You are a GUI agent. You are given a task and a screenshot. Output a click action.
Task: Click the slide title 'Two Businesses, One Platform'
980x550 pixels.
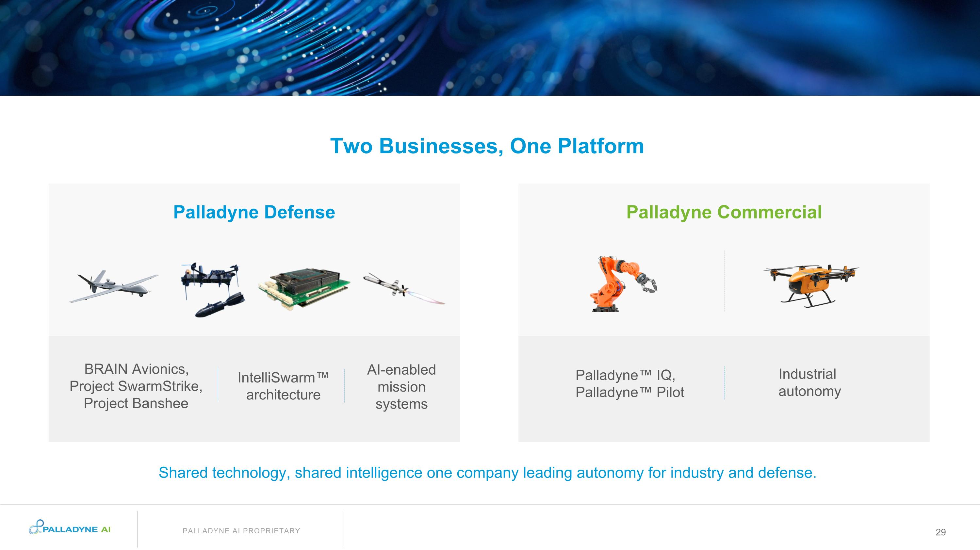point(487,146)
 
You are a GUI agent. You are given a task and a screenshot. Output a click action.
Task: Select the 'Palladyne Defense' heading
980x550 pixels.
point(254,212)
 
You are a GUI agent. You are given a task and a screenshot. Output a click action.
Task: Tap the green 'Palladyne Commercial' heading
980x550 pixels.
point(724,212)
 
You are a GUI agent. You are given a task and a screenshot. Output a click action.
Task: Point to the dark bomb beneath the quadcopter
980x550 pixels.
point(220,305)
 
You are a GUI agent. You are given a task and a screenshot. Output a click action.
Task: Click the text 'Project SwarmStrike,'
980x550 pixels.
point(136,386)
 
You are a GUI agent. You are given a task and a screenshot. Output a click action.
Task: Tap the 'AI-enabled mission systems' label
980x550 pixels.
point(401,387)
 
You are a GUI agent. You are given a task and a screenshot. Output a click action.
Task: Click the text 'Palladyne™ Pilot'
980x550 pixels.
point(629,393)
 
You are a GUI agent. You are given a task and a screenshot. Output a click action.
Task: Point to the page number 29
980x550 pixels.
point(940,532)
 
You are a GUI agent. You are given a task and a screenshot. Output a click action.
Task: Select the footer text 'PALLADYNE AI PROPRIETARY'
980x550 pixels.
point(241,531)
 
